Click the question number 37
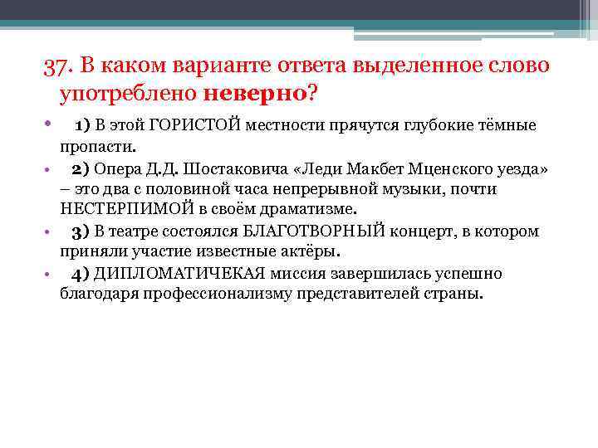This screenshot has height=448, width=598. coord(58,66)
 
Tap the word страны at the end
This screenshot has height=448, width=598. coord(456,294)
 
